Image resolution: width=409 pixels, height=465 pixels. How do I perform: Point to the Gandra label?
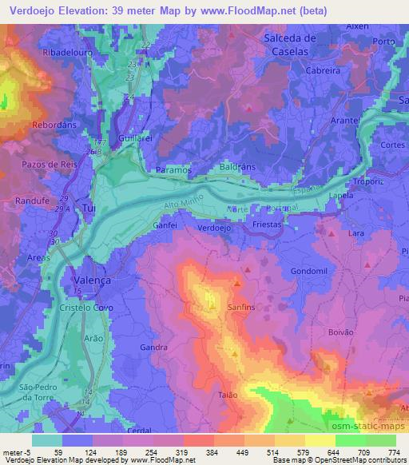point(153,348)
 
